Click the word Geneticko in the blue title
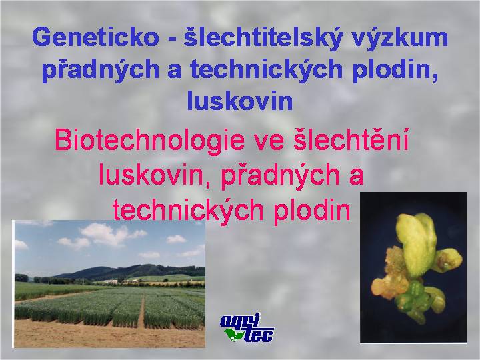95,37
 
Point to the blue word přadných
101,71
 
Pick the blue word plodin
395,71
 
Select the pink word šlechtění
351,139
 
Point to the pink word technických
188,211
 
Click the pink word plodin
312,211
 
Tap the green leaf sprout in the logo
234,334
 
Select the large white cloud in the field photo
104,234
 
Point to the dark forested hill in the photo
131,271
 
